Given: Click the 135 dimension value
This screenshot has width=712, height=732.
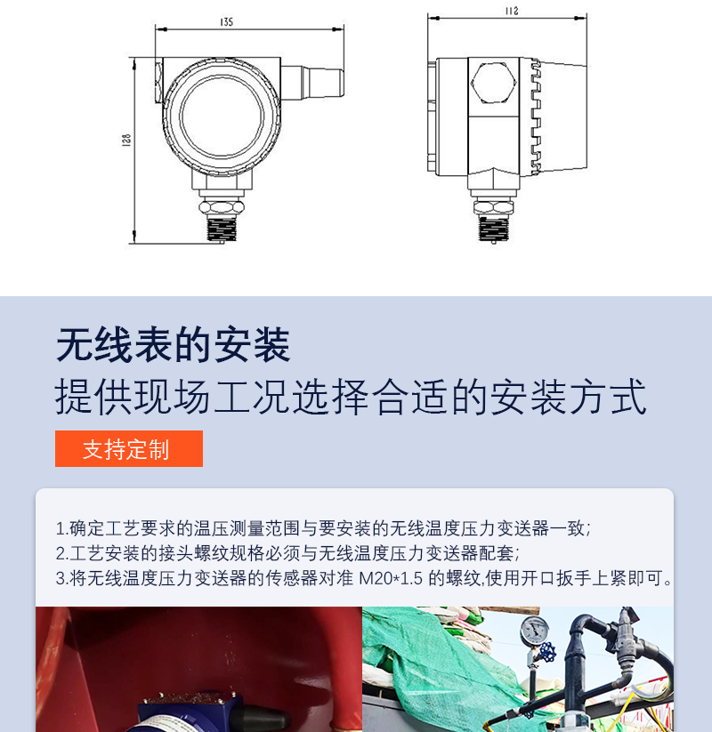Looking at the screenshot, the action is tap(226, 22).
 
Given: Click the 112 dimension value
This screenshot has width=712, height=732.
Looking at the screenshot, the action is tap(512, 11).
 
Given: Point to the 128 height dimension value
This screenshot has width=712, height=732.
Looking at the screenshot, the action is tap(126, 141).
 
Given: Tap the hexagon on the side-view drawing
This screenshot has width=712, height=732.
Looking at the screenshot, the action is tap(493, 83).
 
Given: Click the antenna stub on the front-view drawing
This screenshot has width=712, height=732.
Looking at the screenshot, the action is tap(312, 84).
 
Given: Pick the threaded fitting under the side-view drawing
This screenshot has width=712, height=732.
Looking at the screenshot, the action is tap(493, 229).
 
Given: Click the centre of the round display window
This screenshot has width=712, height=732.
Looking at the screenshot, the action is tap(222, 117).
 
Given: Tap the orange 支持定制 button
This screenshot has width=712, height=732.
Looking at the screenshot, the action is tap(129, 448).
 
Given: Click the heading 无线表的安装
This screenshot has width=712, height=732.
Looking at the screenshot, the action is tap(174, 345).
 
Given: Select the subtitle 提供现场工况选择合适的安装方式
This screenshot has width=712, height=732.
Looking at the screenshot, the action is tap(351, 397).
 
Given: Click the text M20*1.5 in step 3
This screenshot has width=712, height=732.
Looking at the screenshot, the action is tap(391, 578).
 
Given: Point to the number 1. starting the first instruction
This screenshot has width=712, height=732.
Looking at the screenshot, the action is tap(62, 529).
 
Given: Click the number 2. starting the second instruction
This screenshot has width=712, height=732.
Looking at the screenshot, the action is tap(62, 553).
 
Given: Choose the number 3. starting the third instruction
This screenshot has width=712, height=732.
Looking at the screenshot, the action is tap(62, 578).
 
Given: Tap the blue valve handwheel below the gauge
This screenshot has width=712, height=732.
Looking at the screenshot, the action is tap(546, 651).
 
